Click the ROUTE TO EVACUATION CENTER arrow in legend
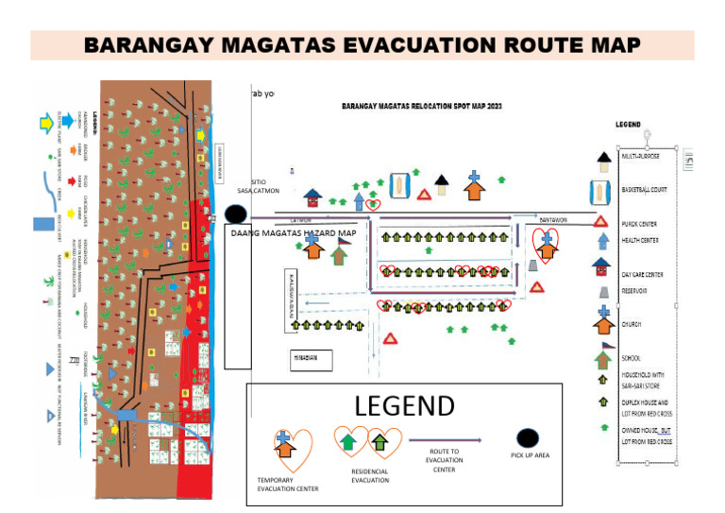pos(443,438)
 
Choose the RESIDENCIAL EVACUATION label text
pos(369,475)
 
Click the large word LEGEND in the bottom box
pos(404,406)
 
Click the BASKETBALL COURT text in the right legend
pos(645,190)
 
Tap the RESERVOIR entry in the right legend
pos(636,292)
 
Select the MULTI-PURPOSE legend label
pos(641,155)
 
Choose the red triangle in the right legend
pos(601,222)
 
